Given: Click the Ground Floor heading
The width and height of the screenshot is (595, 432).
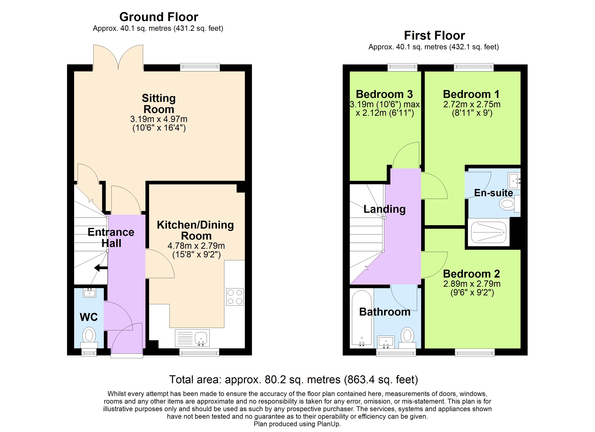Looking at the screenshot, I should click(158, 17).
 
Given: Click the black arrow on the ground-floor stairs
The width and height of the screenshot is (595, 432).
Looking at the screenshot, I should click(101, 268).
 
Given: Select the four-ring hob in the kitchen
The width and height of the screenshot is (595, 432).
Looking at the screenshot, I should click(235, 297).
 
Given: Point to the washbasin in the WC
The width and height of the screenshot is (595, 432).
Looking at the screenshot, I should click(89, 292).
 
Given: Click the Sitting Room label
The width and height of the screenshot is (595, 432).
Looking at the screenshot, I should click(159, 104).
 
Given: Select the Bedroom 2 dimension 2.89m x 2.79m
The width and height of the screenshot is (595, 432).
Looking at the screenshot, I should click(472, 284).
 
